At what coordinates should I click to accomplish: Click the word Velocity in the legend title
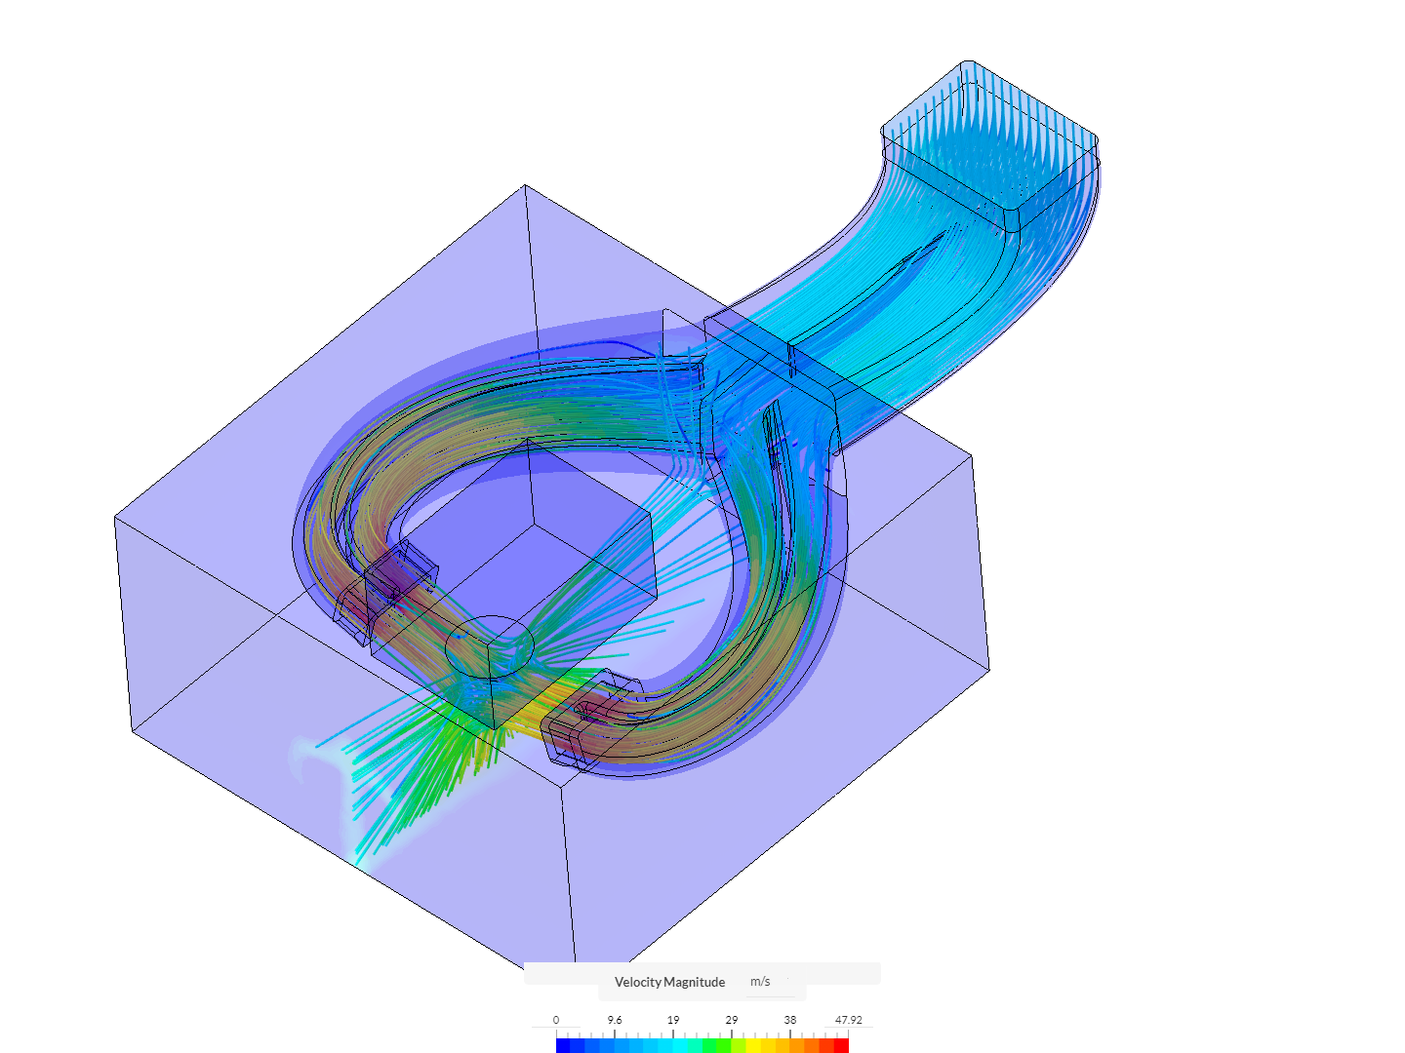click(x=637, y=982)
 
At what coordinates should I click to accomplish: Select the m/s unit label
click(x=760, y=982)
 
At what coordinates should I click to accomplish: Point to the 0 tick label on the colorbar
click(x=555, y=1020)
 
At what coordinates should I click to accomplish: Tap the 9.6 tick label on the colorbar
click(x=615, y=1020)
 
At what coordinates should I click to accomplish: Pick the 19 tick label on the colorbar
click(x=672, y=1020)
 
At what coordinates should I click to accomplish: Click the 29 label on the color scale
click(x=732, y=1020)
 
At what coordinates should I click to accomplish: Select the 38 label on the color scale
click(x=790, y=1020)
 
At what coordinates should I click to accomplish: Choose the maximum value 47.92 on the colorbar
click(x=848, y=1020)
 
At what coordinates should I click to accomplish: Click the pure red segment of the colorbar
click(x=841, y=1045)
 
